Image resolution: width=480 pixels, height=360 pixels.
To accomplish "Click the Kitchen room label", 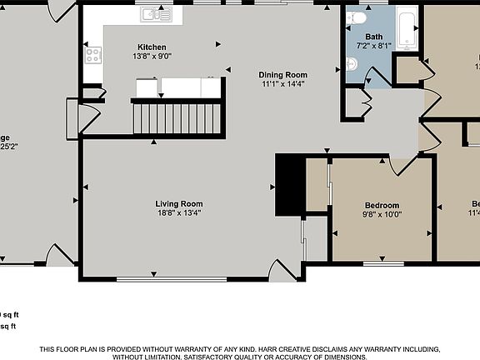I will pos(152,47).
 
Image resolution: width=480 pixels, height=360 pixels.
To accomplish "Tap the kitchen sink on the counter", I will pos(156,13).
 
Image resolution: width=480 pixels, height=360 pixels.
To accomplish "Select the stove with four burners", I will pos(92,56).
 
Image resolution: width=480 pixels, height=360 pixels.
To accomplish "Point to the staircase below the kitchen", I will pos(178,115).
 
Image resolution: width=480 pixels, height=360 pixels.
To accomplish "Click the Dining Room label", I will pos(283,74).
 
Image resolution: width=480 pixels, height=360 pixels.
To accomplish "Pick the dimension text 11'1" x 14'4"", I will pos(283,84).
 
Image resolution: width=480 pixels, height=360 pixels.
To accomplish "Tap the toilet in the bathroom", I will pos(357,17).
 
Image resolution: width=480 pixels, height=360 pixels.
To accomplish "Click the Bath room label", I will pos(373,37).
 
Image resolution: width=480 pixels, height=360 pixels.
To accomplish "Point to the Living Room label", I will pos(179,203).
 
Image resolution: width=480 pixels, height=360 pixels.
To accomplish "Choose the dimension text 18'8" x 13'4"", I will pos(179,213).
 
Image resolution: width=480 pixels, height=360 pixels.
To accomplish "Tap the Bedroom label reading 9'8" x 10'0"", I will pos(382,205).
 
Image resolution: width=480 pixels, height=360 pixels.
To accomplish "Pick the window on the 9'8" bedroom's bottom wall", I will pos(382,264).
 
